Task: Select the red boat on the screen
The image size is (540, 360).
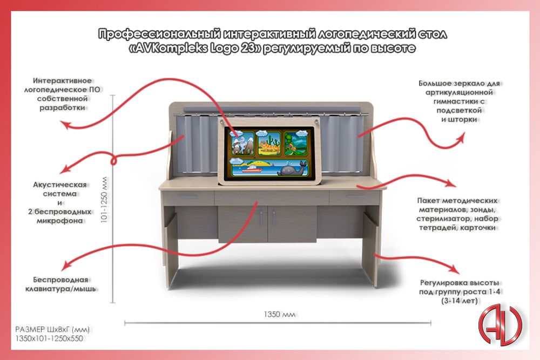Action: (252, 169)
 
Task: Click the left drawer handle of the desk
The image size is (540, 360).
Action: (188, 197)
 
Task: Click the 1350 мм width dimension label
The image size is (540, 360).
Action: (279, 314)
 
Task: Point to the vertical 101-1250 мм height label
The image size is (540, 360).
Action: (104, 200)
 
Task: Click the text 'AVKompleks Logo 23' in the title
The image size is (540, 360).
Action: (194, 48)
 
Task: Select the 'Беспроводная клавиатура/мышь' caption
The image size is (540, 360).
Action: (60, 284)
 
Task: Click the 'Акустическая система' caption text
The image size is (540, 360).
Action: (59, 189)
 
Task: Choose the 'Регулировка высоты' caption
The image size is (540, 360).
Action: (460, 283)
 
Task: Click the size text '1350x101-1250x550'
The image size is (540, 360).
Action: (49, 338)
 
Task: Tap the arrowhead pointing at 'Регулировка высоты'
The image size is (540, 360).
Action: (455, 269)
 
